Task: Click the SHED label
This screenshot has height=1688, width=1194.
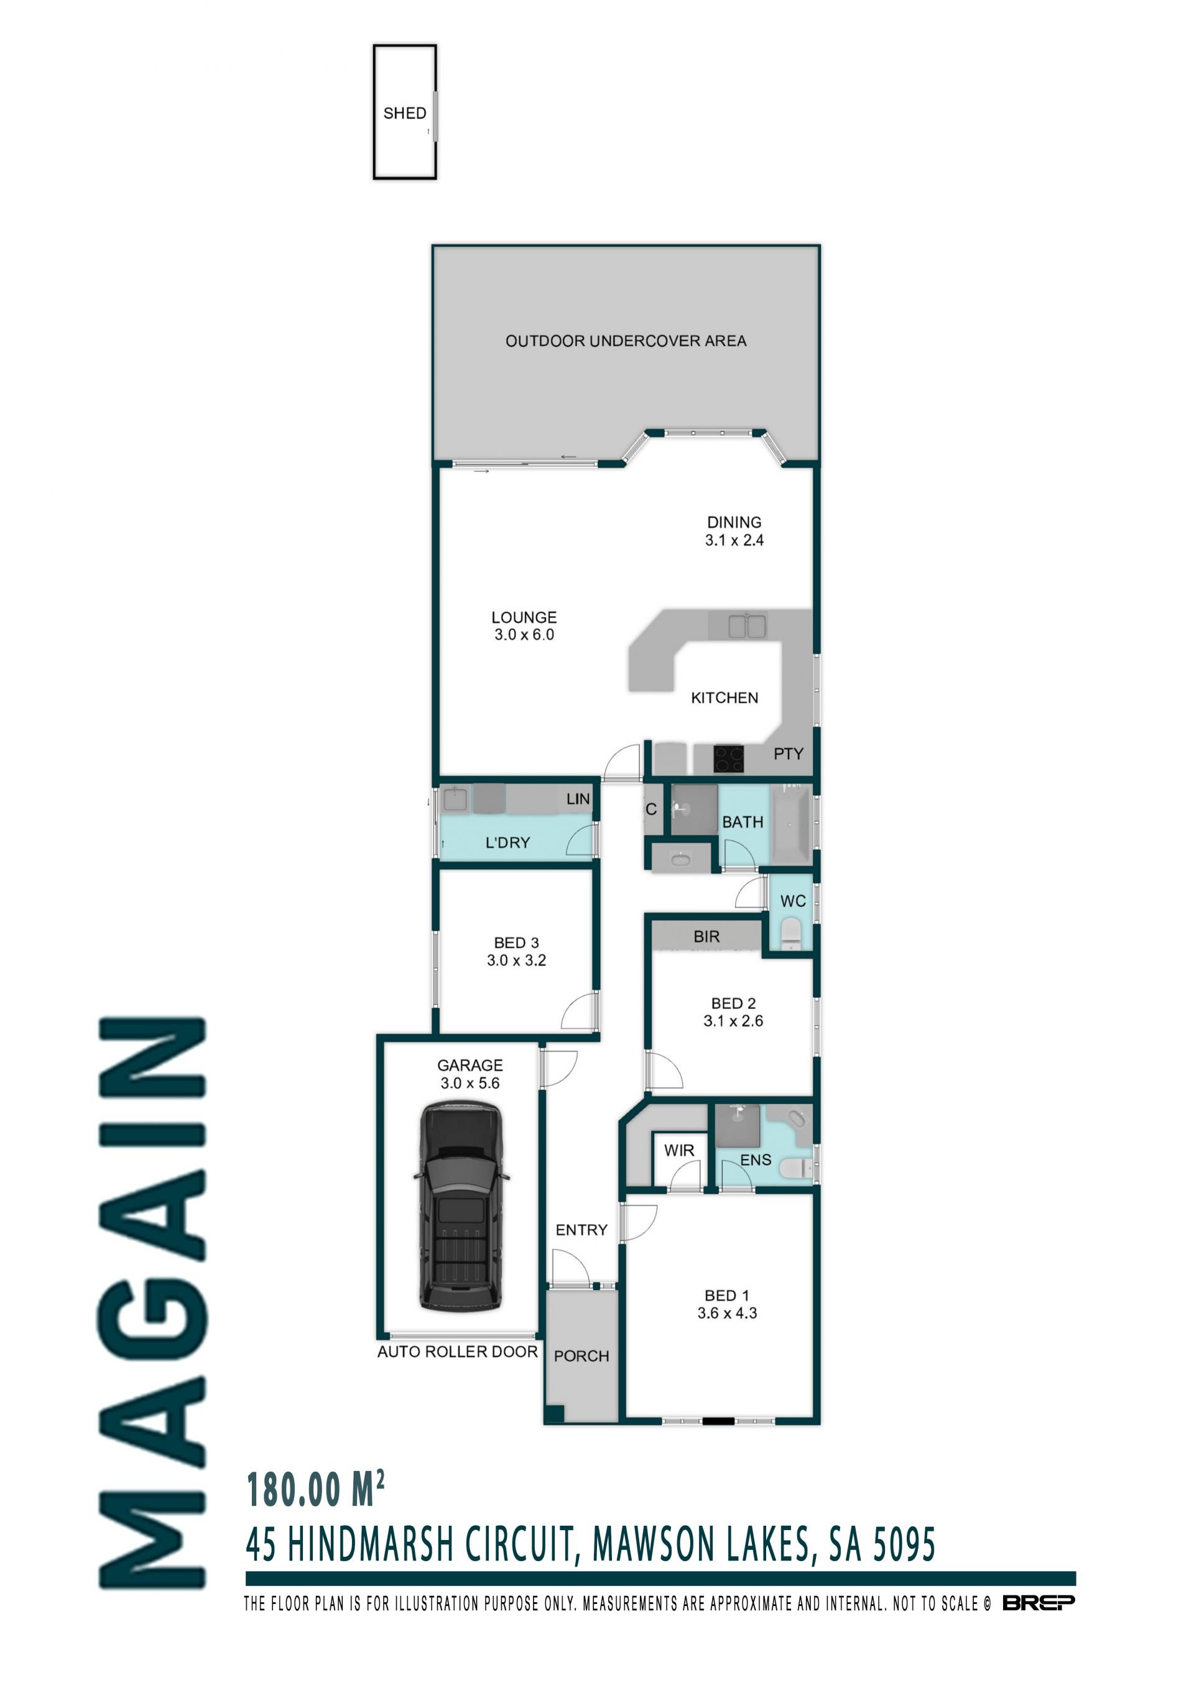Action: coord(404,113)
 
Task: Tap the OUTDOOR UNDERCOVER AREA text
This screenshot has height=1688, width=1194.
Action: coord(626,341)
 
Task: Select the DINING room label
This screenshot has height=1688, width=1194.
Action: coord(734,522)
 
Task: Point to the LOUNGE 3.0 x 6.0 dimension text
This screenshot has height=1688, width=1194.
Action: coord(524,634)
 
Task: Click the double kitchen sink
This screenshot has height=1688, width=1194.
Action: coord(747,626)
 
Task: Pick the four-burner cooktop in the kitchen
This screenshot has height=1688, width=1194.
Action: coord(729,759)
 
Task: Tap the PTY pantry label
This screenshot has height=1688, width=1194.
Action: coord(788,754)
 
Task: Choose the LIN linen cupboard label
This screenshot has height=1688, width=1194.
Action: coord(578,798)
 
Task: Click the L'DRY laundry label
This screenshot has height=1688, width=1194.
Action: coord(507,842)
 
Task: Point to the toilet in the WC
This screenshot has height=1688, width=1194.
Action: coord(790,934)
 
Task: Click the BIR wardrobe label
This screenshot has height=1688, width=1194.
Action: coord(706,936)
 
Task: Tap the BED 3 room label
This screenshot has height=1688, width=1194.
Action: coord(516,943)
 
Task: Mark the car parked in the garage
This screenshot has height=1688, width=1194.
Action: coord(460,1206)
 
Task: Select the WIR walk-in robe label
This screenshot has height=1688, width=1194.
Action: coord(678,1151)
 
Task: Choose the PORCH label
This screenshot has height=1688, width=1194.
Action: coord(581,1356)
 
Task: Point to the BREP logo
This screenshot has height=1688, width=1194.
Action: coord(1038,1603)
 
